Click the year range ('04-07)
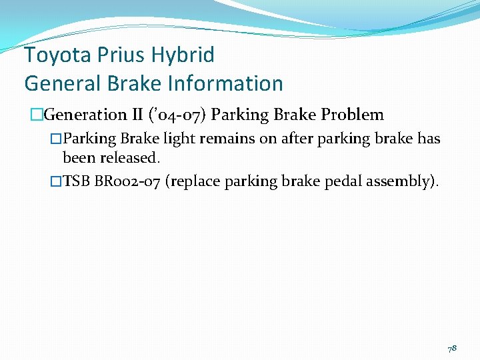coord(175,115)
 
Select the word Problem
coord(353,115)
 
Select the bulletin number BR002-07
coord(127,182)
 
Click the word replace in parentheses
coord(197,182)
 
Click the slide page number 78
coord(452,348)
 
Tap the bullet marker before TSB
coord(56,182)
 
